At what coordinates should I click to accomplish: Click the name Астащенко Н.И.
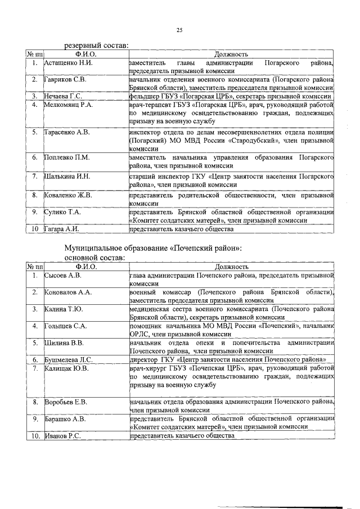[x=67, y=63]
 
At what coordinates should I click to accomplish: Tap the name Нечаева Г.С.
[x=64, y=96]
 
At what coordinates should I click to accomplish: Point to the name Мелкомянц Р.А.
[x=69, y=105]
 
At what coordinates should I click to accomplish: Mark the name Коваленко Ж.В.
[x=68, y=195]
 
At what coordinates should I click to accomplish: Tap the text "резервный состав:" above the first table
[x=96, y=45]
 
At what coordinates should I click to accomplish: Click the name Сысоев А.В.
[x=63, y=276]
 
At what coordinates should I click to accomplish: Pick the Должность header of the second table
[x=231, y=266]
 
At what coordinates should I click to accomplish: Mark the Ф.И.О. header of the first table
[x=86, y=53]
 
